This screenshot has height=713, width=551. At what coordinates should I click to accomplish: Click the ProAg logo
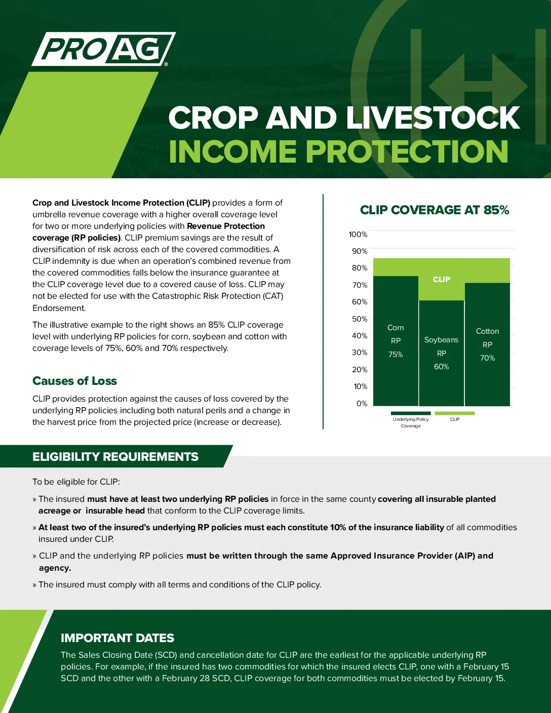(x=104, y=49)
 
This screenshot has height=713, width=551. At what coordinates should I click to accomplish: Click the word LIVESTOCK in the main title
(x=433, y=117)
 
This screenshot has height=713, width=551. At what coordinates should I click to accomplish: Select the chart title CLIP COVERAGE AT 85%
(x=435, y=210)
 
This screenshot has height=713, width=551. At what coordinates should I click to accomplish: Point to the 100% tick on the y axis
(x=358, y=234)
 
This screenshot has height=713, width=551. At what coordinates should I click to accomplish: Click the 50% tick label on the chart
(x=360, y=319)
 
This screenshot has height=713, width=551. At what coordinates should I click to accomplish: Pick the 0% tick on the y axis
(x=362, y=404)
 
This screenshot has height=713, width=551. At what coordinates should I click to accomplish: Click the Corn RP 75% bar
(x=396, y=341)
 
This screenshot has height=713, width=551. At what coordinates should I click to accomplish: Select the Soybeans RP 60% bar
(x=442, y=353)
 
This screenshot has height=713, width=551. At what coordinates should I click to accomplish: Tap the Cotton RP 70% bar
(x=487, y=344)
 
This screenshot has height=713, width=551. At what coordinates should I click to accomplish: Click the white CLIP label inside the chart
(x=442, y=280)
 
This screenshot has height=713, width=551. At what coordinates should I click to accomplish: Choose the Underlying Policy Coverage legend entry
(x=411, y=420)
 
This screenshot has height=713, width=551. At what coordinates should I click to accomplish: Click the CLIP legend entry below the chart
(x=455, y=417)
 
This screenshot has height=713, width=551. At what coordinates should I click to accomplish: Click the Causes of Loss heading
(x=74, y=381)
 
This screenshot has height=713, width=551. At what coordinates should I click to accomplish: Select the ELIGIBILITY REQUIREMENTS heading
(x=115, y=457)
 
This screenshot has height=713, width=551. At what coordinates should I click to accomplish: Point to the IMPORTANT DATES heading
(x=117, y=638)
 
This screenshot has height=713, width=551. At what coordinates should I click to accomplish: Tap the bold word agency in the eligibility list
(x=55, y=568)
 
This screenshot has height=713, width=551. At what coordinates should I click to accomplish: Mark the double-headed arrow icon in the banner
(x=478, y=86)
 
